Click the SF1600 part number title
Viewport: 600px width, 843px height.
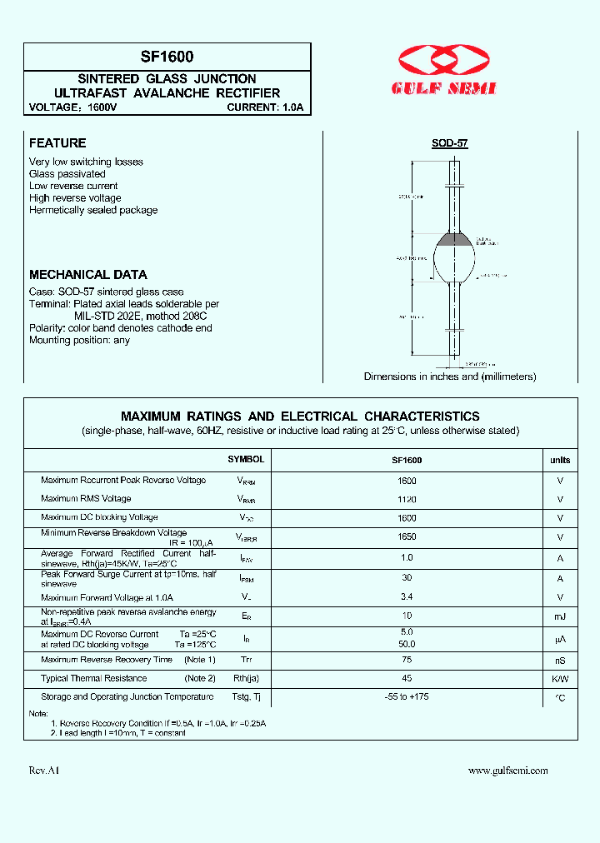167,57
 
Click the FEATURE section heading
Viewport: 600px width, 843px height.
57,143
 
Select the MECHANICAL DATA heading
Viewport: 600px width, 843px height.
88,274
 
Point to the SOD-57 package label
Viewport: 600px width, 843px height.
450,143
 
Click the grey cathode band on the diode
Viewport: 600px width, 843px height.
454,239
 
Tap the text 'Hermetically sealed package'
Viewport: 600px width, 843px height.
93,211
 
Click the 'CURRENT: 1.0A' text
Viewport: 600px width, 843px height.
264,107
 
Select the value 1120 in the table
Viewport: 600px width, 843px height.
407,499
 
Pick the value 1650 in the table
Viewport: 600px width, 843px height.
407,537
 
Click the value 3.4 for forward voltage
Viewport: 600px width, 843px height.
407,596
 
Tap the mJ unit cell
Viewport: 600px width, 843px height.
560,617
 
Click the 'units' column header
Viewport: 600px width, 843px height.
560,460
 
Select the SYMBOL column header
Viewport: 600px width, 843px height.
246,460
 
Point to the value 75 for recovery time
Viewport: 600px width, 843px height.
407,659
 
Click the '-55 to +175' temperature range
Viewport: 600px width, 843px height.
407,696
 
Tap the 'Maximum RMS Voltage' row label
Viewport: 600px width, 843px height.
86,499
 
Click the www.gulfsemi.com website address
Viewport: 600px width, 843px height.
507,771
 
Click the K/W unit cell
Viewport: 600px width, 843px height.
560,679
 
